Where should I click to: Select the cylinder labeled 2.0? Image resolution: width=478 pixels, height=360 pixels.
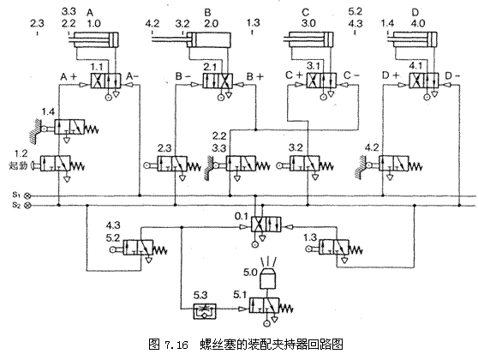pos(205,39)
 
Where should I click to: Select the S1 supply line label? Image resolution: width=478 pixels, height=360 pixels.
pos(18,195)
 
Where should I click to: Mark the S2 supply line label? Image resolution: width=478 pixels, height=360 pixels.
pos(18,206)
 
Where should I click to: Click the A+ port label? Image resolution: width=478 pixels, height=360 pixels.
pos(69,77)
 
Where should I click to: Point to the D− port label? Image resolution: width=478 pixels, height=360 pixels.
pos(451,77)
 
